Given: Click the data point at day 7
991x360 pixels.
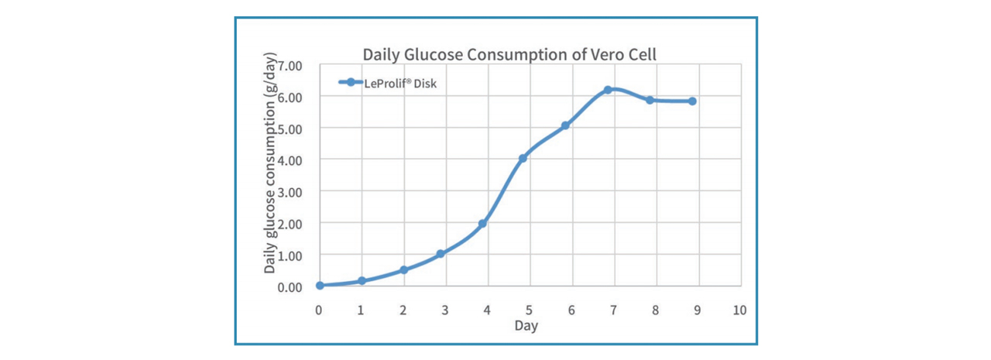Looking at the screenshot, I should pyautogui.click(x=608, y=90).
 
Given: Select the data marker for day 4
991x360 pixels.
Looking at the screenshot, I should pyautogui.click(x=482, y=224).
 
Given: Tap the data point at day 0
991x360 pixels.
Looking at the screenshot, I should pyautogui.click(x=320, y=285).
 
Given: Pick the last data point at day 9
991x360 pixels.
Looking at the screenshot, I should pyautogui.click(x=692, y=101).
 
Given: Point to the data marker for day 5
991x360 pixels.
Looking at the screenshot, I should pyautogui.click(x=523, y=158).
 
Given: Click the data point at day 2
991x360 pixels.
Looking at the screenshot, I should pyautogui.click(x=404, y=269).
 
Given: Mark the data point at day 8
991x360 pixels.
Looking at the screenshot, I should pyautogui.click(x=650, y=100).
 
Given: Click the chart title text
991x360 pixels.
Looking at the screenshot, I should pyautogui.click(x=510, y=55).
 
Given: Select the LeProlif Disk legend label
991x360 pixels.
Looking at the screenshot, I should pyautogui.click(x=400, y=84).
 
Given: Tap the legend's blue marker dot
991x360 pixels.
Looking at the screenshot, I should pyautogui.click(x=350, y=82).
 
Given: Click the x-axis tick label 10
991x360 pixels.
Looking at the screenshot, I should pyautogui.click(x=739, y=310).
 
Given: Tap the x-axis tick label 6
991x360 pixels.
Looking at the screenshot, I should pyautogui.click(x=571, y=310).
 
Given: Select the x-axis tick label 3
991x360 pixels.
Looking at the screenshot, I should pyautogui.click(x=445, y=310).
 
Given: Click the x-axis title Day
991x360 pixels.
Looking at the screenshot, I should pyautogui.click(x=526, y=326).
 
